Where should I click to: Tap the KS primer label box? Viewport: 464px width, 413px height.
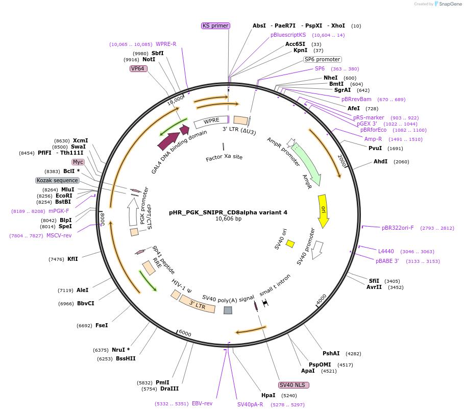[215, 26]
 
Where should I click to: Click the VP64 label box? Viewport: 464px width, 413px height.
[138, 68]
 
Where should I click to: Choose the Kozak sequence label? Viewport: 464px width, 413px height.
[57, 180]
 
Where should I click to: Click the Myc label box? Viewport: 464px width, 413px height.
[78, 162]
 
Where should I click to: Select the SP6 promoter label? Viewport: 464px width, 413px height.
[322, 59]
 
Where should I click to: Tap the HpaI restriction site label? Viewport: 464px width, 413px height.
[268, 395]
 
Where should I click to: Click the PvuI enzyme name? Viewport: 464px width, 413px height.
[375, 148]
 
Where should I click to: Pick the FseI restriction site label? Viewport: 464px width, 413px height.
[102, 325]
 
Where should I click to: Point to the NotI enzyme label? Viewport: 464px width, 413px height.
[149, 59]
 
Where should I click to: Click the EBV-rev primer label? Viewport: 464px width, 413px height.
[202, 403]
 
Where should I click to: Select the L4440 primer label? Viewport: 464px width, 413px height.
[386, 251]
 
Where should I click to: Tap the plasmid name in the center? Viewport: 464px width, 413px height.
[228, 212]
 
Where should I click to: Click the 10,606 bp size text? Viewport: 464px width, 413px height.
[228, 219]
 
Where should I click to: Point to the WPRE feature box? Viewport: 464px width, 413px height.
[211, 122]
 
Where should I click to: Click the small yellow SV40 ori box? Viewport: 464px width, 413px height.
[290, 244]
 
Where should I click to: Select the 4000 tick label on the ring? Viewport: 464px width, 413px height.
[321, 299]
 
